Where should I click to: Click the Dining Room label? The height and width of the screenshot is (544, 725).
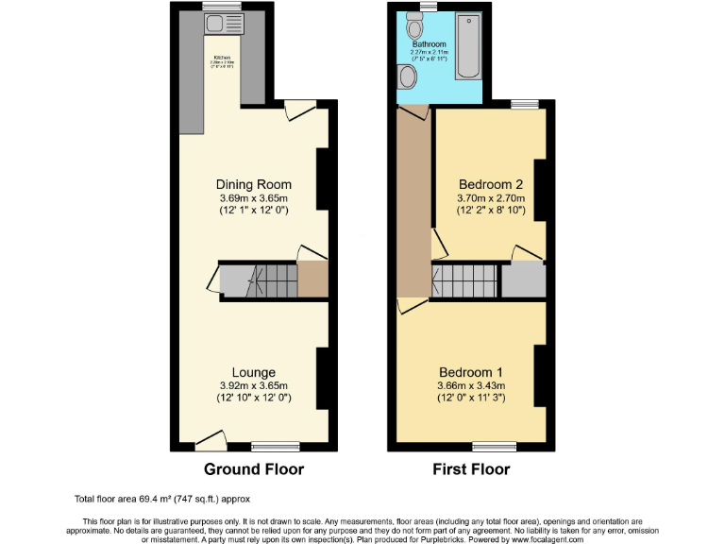[x=253, y=184]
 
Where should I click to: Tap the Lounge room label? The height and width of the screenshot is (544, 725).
[x=253, y=371]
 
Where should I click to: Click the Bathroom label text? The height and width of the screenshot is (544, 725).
[x=429, y=43]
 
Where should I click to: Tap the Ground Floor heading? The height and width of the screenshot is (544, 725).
[x=254, y=469]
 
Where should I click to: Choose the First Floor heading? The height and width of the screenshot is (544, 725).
[x=471, y=469]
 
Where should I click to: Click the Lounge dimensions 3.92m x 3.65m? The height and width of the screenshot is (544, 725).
[x=253, y=385]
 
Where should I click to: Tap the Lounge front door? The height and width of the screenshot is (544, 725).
[x=211, y=437]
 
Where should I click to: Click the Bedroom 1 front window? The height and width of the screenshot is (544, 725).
[x=487, y=444]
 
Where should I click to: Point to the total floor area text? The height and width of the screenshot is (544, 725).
[x=161, y=499]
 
